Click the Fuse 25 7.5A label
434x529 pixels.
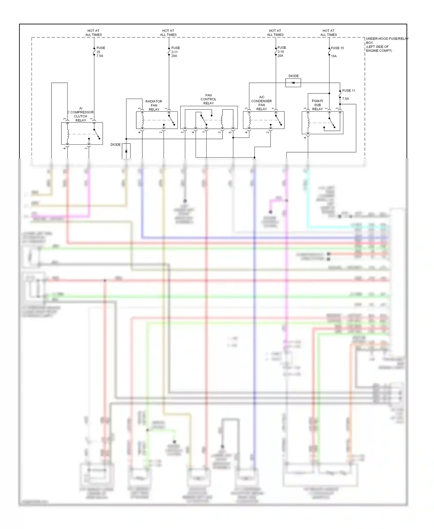[100, 52]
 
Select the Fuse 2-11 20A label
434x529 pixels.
[175, 52]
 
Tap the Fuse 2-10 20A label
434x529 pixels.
[281, 52]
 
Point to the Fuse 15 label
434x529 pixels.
[337, 48]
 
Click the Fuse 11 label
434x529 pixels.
[348, 91]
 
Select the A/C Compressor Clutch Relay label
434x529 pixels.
[81, 114]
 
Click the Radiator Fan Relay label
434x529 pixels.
[154, 105]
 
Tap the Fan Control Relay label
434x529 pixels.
[208, 99]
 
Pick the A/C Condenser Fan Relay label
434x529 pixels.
[261, 103]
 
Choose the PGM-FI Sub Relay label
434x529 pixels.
[317, 105]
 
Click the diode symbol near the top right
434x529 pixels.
[293, 83]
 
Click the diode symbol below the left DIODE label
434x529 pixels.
[126, 151]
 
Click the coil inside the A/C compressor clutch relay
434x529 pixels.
[67, 134]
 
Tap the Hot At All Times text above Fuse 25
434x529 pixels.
[93, 33]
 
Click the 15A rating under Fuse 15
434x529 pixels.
[334, 56]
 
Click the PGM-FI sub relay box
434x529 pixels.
[322, 123]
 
